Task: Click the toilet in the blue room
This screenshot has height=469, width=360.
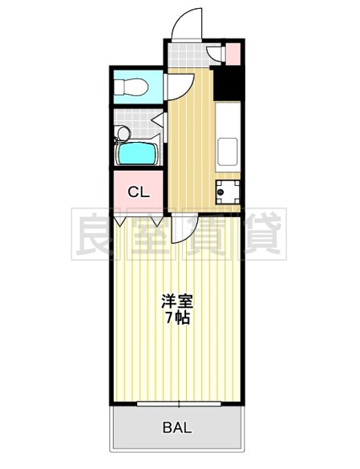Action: (x=132, y=86)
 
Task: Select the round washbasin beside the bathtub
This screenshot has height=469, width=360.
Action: (x=123, y=134)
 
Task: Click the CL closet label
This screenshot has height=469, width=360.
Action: (x=138, y=192)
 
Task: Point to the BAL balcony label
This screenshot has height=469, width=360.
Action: (x=177, y=427)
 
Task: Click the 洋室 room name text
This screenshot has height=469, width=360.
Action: (x=177, y=302)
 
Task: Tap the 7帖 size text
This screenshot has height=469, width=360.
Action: (x=177, y=318)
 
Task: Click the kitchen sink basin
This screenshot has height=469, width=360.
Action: (x=227, y=148)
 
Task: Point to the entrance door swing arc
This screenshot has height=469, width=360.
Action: (x=186, y=20)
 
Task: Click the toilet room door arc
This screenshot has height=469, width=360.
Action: (x=180, y=86)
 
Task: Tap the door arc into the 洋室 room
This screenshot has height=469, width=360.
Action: (x=182, y=228)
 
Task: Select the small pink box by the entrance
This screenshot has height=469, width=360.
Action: (x=233, y=55)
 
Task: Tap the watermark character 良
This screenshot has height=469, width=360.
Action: (x=98, y=234)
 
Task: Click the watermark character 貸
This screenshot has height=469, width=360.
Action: (x=261, y=234)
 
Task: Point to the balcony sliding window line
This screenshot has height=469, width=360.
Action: (x=177, y=403)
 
